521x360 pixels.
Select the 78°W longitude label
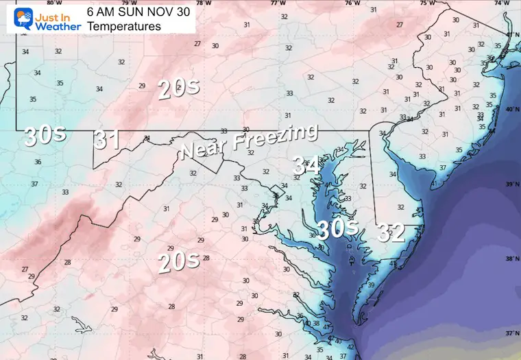[204, 3]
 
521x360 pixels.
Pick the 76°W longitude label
[352, 3]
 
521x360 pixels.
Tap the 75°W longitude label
[427, 3]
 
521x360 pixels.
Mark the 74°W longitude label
[501, 3]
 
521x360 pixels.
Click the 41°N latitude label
[511, 34]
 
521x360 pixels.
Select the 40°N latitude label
[511, 110]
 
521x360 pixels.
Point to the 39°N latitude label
[511, 184]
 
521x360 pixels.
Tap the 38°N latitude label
[511, 259]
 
